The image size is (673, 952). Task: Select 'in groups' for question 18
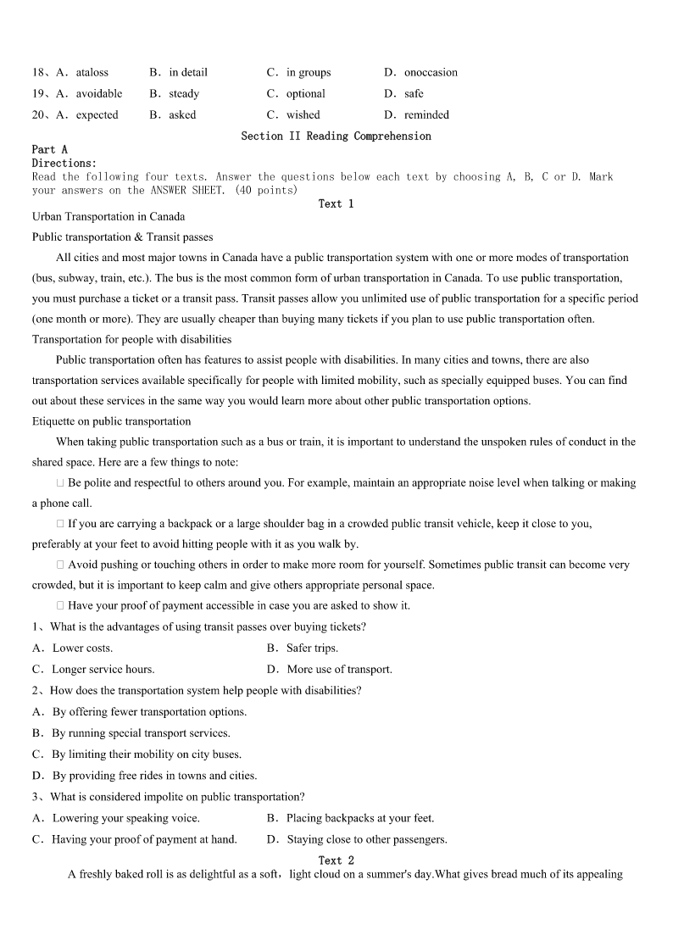pos(308,72)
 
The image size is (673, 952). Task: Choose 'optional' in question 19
pos(305,93)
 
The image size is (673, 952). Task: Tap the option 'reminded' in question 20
pos(426,114)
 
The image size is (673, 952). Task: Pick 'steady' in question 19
pos(184,93)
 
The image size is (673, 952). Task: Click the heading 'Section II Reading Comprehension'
pos(336,136)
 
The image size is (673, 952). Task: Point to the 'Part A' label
pos(49,149)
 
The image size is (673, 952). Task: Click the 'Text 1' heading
pos(336,203)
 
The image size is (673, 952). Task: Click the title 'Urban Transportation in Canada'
pos(108,216)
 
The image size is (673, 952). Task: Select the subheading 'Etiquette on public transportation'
pos(111,420)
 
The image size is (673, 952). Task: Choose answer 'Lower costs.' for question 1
pos(82,648)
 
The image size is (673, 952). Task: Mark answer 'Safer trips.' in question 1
pos(312,648)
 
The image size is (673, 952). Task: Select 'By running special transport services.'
pos(141,732)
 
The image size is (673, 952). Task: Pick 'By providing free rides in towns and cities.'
pos(154,775)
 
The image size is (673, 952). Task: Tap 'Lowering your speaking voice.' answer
pos(125,818)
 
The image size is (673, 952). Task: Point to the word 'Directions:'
pos(64,163)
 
